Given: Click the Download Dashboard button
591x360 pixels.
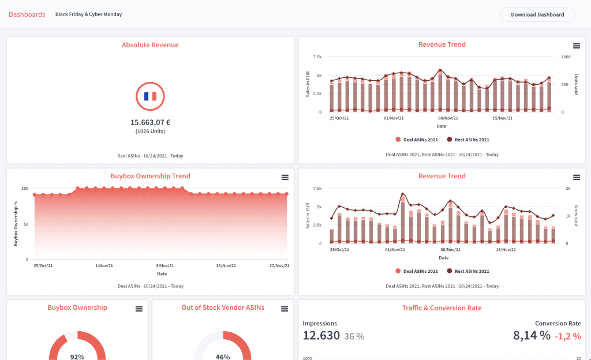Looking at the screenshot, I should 537,14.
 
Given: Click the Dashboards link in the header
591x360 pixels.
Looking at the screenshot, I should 27,14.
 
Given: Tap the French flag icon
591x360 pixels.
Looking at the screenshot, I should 150,96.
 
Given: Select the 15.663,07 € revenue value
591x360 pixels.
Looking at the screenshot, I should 150,122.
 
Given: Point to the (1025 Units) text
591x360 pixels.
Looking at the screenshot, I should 150,132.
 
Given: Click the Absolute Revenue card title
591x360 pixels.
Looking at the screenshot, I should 150,45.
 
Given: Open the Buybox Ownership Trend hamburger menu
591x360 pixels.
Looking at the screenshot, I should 285,177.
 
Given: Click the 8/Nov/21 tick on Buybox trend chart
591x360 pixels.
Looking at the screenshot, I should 162,266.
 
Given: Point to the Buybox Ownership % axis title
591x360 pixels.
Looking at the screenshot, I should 16,224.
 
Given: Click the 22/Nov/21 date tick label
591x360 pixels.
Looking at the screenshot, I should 279,266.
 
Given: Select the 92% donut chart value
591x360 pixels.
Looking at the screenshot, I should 77,357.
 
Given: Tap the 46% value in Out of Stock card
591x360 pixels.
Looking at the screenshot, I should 223,357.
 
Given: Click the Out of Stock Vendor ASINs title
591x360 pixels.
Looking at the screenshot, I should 223,308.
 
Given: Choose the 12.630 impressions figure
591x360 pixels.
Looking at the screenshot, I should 321,335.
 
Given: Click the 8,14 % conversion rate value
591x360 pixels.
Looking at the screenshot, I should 532,335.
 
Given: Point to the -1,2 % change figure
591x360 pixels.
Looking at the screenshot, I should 568,336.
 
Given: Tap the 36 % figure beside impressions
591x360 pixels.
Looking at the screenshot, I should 354,336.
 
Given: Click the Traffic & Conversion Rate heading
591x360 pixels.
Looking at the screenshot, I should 442,308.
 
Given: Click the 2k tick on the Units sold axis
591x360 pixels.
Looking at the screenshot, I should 567,189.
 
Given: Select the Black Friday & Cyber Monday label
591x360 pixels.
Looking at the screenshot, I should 88,14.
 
